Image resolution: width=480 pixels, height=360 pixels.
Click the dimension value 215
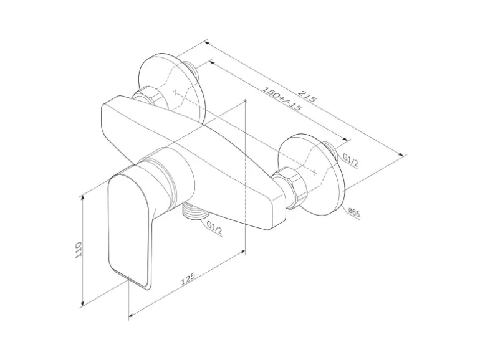click(307, 97)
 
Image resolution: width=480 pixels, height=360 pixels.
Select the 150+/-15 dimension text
click(281, 99)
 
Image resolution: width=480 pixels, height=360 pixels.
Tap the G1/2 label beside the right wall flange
click(350, 160)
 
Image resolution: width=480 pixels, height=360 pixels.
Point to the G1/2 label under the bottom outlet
click(214, 231)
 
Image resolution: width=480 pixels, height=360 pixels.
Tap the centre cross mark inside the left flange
click(178, 92)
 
